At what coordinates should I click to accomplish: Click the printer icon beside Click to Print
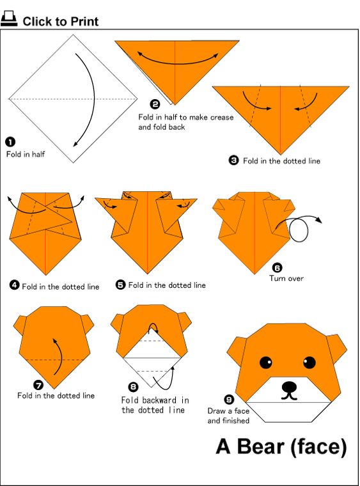[9, 19]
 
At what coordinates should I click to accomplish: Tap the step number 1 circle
[10, 142]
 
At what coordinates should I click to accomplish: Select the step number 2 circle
[155, 104]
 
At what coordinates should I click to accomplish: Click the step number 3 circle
[233, 161]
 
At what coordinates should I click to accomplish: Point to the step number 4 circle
[14, 285]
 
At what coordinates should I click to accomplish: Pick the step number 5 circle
[120, 285]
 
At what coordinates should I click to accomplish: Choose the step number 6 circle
[277, 267]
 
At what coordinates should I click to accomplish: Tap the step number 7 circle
[38, 385]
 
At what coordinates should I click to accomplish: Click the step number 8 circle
[133, 387]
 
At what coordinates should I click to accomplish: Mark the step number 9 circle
[229, 400]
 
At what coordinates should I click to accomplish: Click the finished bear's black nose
[289, 387]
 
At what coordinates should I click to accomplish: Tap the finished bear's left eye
[266, 363]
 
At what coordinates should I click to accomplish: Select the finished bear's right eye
[309, 363]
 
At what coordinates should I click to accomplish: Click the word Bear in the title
[260, 446]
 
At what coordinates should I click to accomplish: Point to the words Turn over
[286, 278]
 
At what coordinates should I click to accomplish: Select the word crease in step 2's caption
[222, 118]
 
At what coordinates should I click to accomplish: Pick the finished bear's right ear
[337, 347]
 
